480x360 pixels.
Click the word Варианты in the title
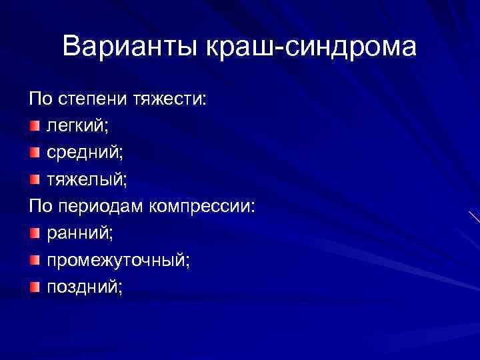coord(133,47)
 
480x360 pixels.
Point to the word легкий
coord(75,127)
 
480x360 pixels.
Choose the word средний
coord(84,153)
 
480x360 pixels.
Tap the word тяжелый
coord(85,180)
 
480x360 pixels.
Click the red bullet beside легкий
coord(34,127)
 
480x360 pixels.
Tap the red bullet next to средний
coord(34,153)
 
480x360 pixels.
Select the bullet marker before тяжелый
coord(34,180)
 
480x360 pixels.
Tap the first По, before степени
coord(39,100)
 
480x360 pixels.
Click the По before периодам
coord(39,207)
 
